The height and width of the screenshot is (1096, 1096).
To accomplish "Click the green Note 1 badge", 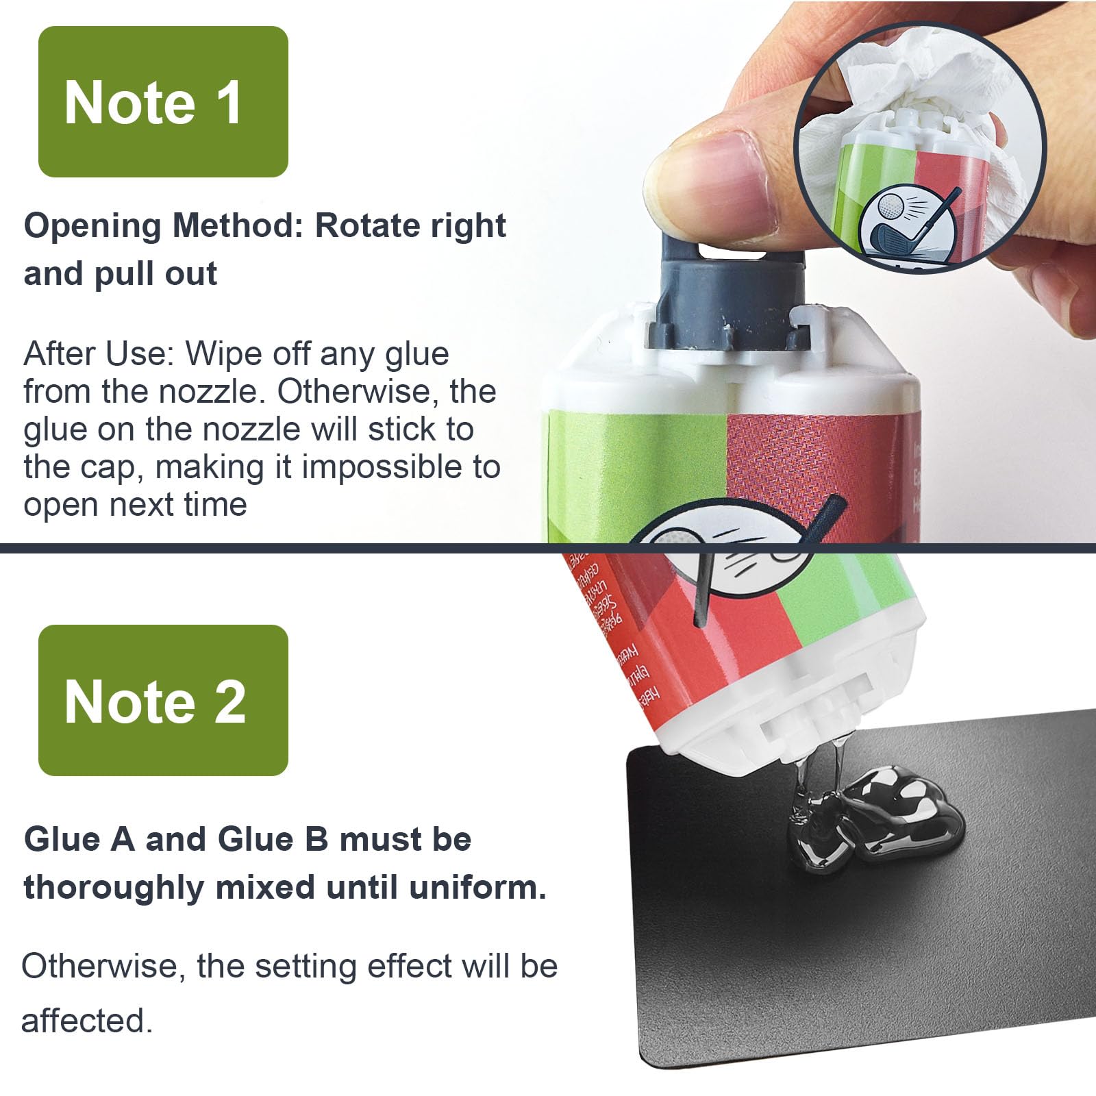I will (163, 102).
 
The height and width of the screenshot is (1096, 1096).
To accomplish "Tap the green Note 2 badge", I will (163, 700).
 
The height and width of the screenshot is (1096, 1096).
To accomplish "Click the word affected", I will (86, 1021).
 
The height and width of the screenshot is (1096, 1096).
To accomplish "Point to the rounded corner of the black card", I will (637, 757).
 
